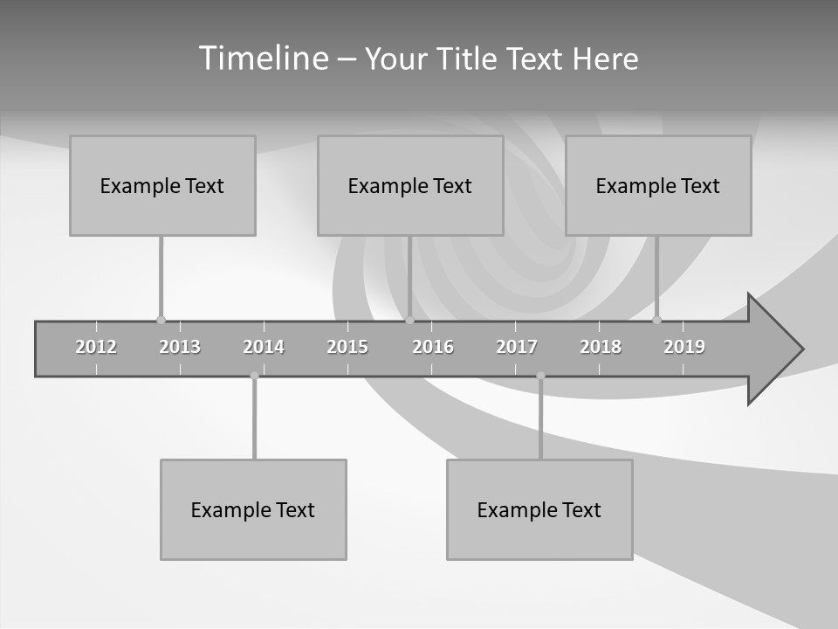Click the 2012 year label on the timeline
tap(96, 347)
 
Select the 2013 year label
tap(180, 347)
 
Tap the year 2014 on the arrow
tap(264, 347)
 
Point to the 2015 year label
tap(347, 347)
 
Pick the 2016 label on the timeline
tap(433, 347)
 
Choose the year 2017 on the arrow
tap(517, 347)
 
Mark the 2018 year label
tap(601, 347)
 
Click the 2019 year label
tap(684, 347)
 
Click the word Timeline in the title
tap(262, 59)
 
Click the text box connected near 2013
tap(162, 185)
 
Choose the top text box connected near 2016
tap(410, 185)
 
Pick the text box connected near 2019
tap(658, 185)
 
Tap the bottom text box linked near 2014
tap(253, 509)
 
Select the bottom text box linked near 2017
tap(539, 509)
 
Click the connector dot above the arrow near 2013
tap(161, 320)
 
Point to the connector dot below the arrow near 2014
tap(254, 376)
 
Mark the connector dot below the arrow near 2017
tap(540, 376)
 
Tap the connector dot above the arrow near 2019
tap(656, 320)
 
